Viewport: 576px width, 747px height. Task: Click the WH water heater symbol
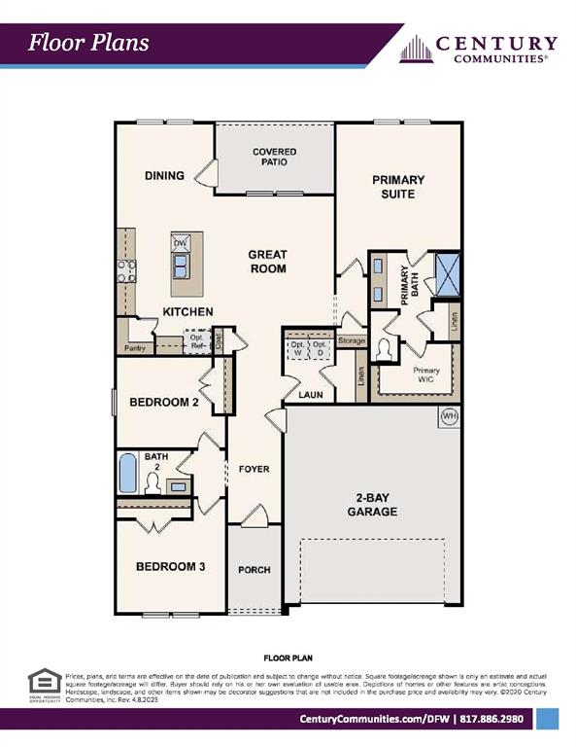[449, 416]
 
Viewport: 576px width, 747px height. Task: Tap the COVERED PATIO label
[274, 158]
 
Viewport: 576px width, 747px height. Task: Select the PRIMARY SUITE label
[398, 187]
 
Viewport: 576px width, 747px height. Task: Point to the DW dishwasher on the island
[181, 243]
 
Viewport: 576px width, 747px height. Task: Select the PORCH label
[254, 570]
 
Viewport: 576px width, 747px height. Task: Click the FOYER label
[254, 469]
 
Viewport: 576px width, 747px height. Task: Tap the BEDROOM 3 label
[170, 567]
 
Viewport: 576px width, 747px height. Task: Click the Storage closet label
[352, 341]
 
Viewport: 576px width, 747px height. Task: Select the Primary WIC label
[426, 375]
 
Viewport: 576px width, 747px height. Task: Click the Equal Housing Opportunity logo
[41, 685]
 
